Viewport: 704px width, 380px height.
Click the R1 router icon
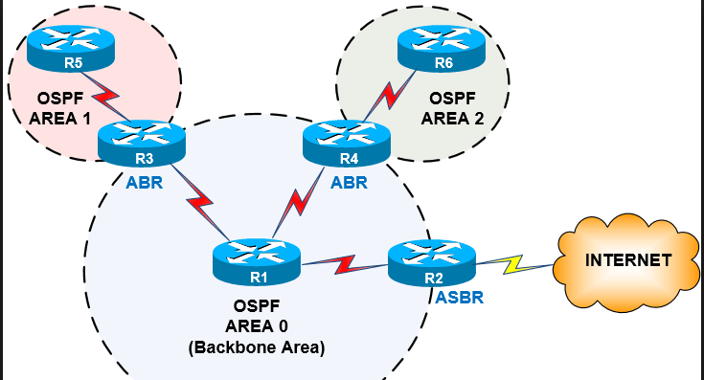(256, 260)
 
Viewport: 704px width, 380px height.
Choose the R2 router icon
(433, 260)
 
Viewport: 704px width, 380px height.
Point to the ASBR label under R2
(460, 298)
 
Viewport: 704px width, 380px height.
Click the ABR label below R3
(144, 182)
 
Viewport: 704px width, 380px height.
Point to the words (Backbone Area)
(256, 348)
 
